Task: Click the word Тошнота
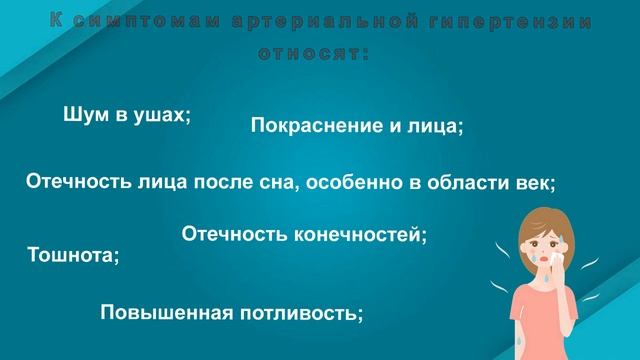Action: (73, 255)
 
